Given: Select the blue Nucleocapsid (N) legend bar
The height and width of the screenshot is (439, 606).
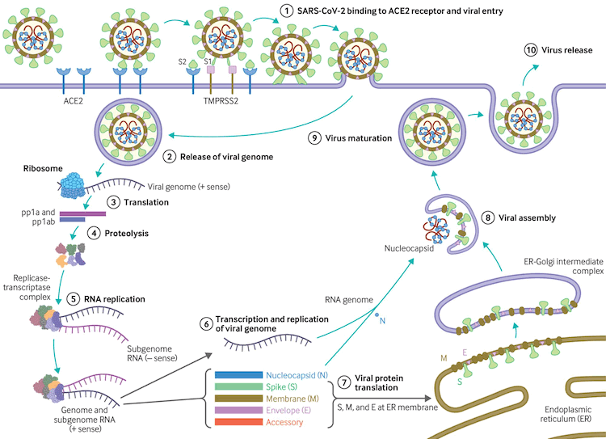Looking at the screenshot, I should pos(239,376).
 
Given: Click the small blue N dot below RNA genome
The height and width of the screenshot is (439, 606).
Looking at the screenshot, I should pos(377,313).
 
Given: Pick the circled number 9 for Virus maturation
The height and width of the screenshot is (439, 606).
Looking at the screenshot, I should pos(315,137).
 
